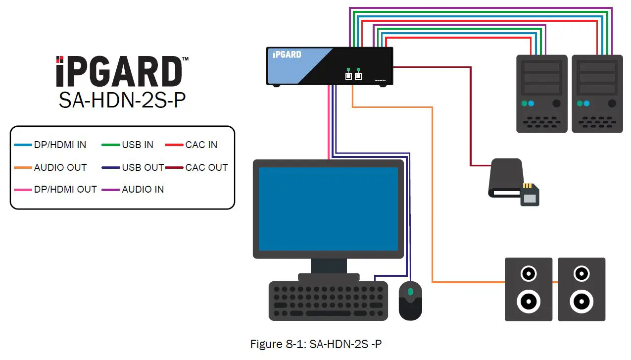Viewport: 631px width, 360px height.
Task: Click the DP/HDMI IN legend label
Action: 60,145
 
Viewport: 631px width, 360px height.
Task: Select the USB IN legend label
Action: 138,145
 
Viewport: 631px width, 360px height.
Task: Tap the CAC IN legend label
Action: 201,145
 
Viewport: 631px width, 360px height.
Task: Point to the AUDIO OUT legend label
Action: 60,167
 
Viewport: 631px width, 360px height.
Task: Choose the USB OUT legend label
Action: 143,167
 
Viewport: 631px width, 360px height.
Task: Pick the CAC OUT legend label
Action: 206,167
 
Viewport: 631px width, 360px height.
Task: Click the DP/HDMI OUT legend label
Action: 65,189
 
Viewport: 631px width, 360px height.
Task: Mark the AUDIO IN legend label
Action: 143,189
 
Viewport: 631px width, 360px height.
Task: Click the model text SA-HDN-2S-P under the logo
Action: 122,101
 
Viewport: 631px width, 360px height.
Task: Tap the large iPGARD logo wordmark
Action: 119,72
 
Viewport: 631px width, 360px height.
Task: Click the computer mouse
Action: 410,300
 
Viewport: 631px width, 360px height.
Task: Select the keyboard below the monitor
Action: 328,301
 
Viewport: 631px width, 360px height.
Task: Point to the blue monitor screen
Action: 329,208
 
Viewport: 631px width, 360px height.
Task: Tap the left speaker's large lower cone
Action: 528,300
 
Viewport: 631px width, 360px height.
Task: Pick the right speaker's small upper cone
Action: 582,273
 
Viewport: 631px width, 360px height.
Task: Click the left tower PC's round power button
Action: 557,103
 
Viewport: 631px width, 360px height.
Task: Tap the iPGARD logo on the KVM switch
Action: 287,54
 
